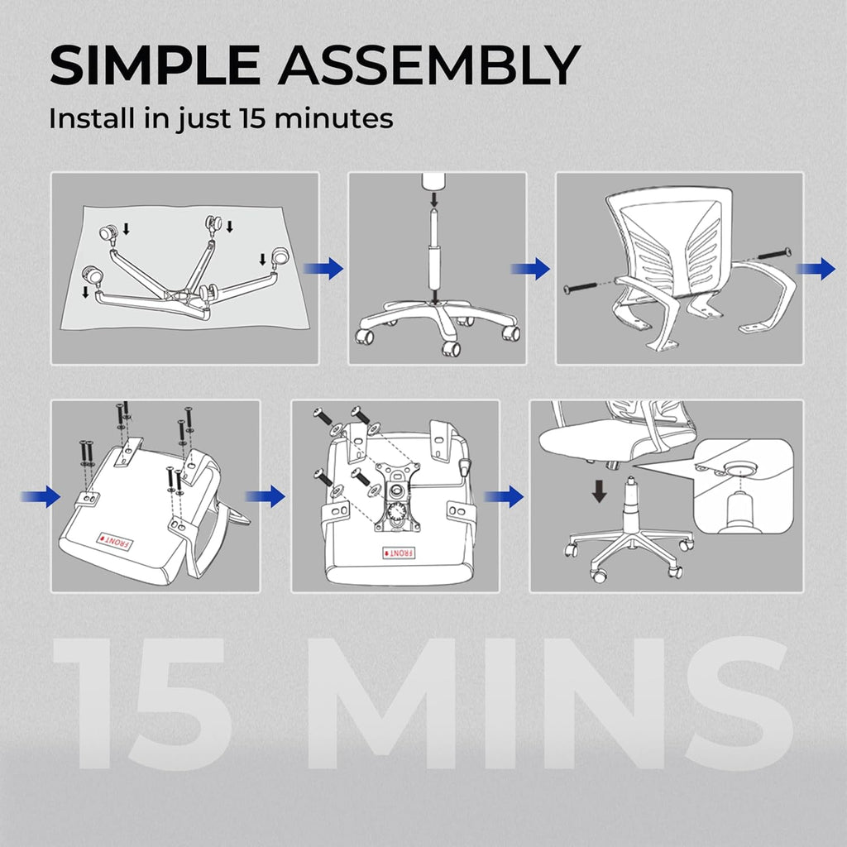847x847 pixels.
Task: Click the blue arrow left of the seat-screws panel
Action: point(41,496)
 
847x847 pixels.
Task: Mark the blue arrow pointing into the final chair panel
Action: point(504,496)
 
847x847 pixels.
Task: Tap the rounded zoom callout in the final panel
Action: point(743,486)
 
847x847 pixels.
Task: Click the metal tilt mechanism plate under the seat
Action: point(395,494)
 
